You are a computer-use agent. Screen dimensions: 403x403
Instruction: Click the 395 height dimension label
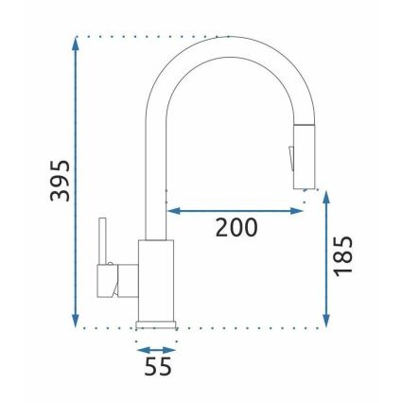[60, 181]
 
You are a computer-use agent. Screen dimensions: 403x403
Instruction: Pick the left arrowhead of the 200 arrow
[173, 210]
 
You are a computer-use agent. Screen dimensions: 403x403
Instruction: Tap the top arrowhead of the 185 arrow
[326, 195]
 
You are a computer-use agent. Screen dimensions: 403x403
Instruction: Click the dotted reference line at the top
[151, 36]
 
